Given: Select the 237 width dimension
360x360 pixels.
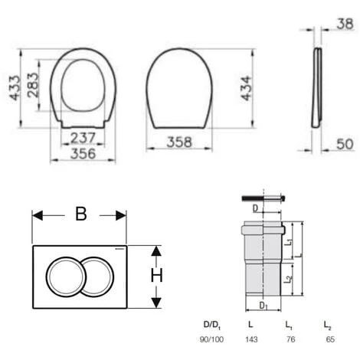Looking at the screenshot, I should (83, 138).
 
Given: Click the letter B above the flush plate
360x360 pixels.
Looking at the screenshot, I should (80, 214).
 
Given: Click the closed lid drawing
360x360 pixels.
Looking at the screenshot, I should (179, 88).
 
